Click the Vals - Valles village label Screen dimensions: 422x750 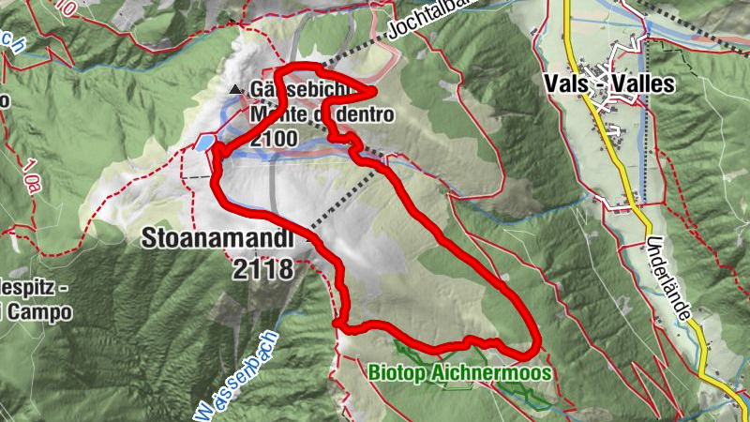pos(608,83)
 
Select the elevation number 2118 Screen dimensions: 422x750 pos(264,270)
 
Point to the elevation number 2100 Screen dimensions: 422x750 pos(275,139)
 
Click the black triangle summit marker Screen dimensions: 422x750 pos(235,90)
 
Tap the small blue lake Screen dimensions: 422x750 pos(204,143)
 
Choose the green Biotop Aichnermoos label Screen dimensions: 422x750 pos(458,372)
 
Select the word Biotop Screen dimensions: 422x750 pos(395,372)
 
